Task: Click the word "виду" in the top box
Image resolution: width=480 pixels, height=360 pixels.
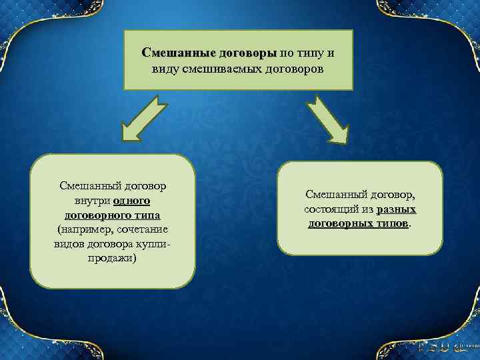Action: (x=167, y=69)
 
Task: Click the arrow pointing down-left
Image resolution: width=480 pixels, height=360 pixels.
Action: (x=144, y=118)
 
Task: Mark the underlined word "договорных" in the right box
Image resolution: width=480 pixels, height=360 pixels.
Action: (x=340, y=223)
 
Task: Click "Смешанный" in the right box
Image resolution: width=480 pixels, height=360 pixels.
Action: (x=333, y=194)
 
